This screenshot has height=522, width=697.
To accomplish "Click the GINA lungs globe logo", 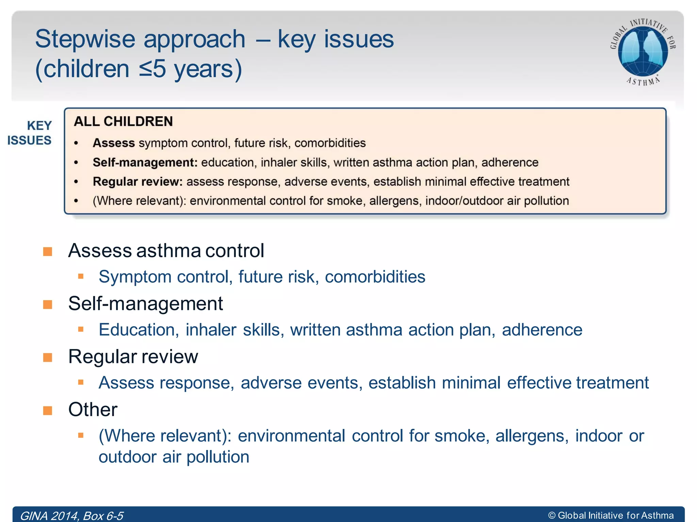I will click(x=643, y=51).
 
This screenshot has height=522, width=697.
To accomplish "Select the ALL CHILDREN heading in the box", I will click(x=123, y=122).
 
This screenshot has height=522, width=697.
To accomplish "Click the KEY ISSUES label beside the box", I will click(x=30, y=133).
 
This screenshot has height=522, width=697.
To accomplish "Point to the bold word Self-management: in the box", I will click(x=145, y=162).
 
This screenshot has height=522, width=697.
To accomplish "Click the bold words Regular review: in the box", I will click(x=138, y=182).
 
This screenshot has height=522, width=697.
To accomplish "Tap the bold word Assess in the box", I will click(x=114, y=143).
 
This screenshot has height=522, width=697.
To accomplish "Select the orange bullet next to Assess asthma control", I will click(x=48, y=252).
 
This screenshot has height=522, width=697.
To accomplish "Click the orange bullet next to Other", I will click(x=48, y=411).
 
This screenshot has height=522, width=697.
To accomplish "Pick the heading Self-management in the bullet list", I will click(x=145, y=303).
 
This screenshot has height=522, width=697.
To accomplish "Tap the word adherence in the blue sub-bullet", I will click(x=542, y=330).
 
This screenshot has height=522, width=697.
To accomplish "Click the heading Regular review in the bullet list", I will click(x=133, y=357).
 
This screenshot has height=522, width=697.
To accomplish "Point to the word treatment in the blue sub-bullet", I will click(x=612, y=383).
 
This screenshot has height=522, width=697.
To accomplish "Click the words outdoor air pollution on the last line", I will click(x=174, y=457).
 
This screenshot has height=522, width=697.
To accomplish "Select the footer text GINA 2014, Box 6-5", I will click(x=71, y=516).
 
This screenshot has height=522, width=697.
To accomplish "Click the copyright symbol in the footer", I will click(x=552, y=516).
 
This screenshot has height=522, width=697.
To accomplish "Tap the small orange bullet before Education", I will click(x=81, y=329).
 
